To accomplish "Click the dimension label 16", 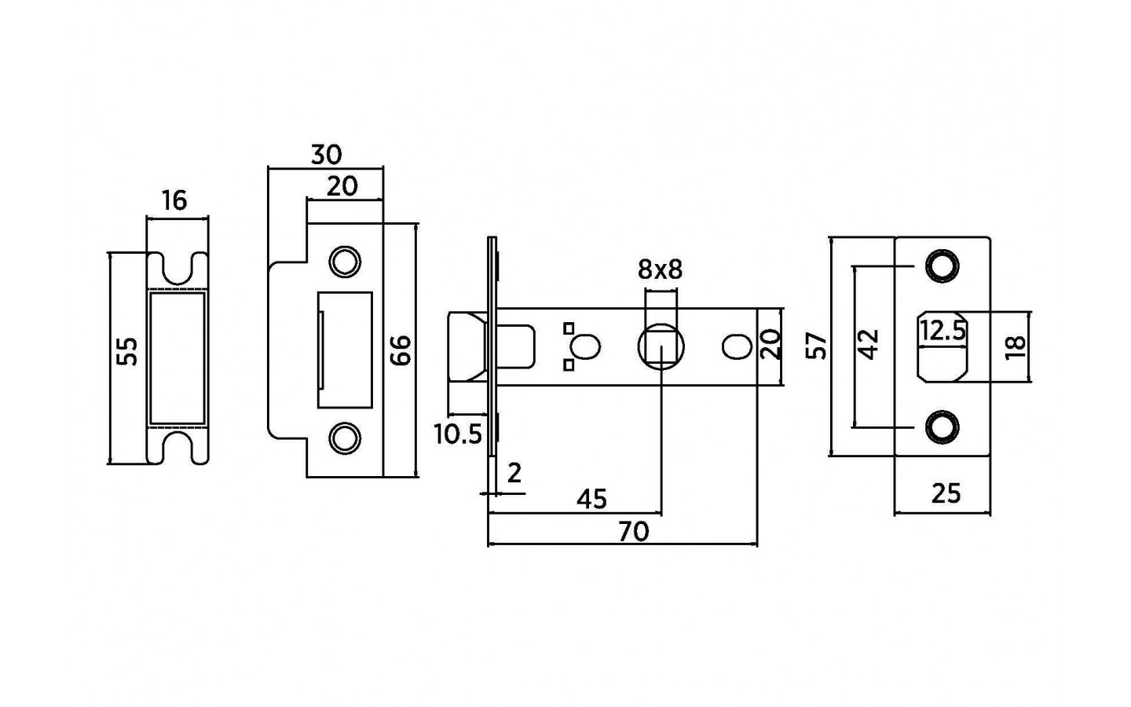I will (174, 201).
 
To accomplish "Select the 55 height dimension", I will (127, 351).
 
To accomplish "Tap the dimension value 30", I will (326, 155).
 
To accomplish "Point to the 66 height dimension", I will (400, 350).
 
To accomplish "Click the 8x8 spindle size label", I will (660, 270).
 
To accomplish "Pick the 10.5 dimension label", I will (458, 434).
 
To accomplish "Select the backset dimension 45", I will (592, 499).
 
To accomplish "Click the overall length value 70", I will (634, 532).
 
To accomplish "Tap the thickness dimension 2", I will (514, 473).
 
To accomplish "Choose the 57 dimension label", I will (818, 346).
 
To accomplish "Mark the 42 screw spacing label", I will (868, 344).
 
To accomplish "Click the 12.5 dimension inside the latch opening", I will (942, 331).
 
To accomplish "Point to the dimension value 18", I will (1015, 346).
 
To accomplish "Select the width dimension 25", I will (946, 493).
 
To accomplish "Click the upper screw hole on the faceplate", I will (942, 266).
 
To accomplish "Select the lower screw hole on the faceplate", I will (942, 426).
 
